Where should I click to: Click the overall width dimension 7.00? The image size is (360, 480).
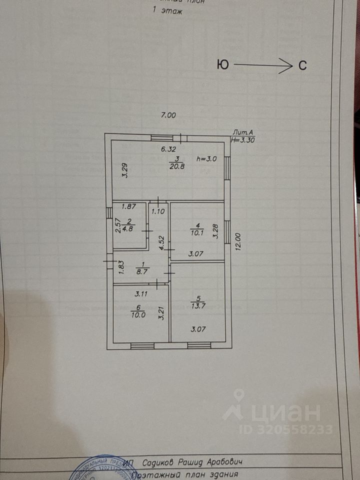tap(168, 115)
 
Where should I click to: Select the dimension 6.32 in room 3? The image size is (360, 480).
tap(168, 148)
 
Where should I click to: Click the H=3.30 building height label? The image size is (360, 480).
tap(242, 140)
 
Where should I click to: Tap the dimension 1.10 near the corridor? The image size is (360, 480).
tap(158, 211)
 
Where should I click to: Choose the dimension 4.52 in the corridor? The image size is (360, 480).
tap(161, 243)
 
